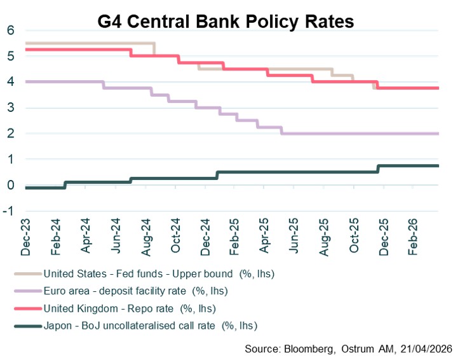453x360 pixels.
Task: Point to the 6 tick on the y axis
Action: pos(10,30)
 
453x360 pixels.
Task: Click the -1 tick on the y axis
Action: pos(9,211)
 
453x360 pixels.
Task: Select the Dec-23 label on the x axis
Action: pos(26,238)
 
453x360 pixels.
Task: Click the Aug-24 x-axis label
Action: pos(146,238)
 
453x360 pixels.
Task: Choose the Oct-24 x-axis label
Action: pos(176,238)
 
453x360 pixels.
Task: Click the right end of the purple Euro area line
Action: pos(438,134)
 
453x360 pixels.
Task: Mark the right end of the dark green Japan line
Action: pos(438,166)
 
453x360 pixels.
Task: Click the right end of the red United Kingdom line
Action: pos(438,88)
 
